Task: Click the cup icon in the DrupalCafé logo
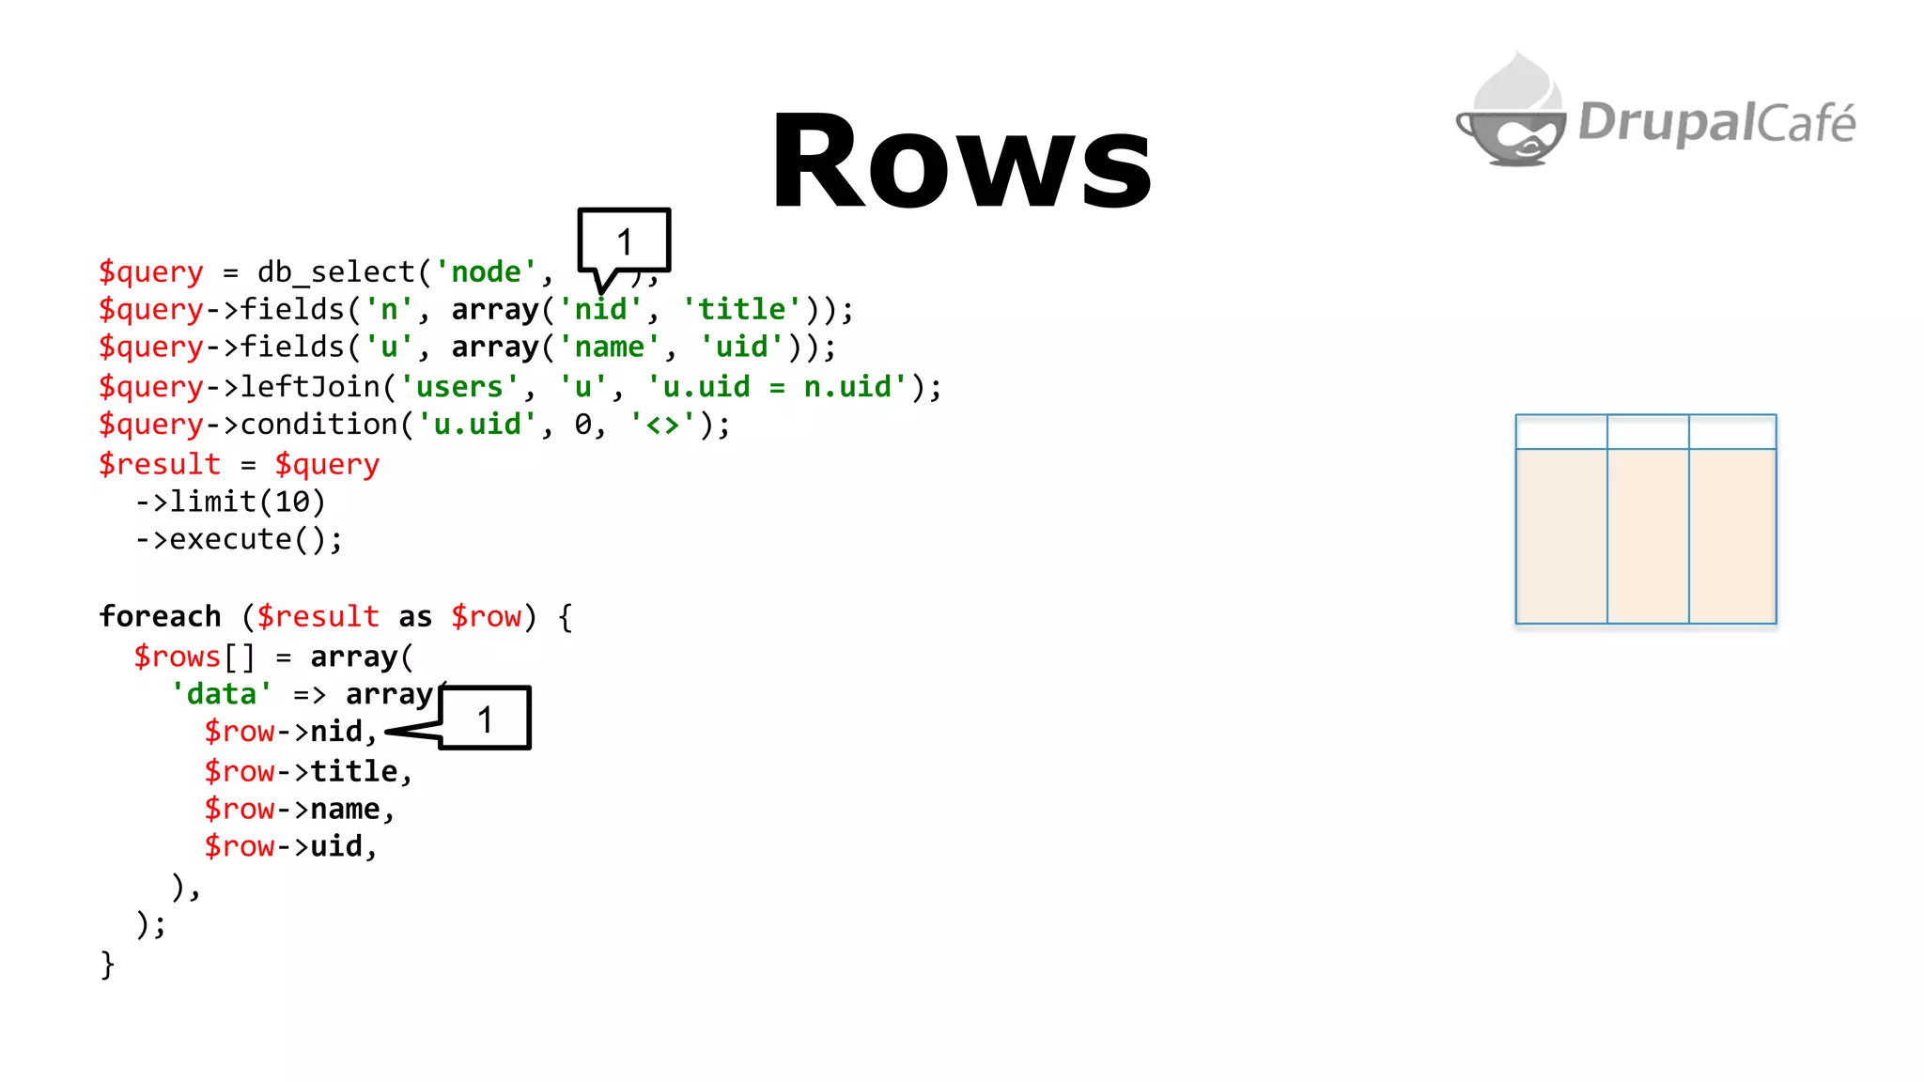pos(1513,117)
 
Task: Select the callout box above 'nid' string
pos(624,240)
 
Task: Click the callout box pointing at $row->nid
pos(485,719)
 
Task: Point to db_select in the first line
pos(335,272)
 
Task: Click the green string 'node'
pos(486,272)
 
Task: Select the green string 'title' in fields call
pos(742,310)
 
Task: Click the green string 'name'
pos(609,348)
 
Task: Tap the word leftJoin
pos(310,387)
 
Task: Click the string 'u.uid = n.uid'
pos(777,387)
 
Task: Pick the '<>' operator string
pos(661,425)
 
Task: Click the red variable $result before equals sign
pos(160,464)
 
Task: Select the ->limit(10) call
pos(230,502)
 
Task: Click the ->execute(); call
pos(239,540)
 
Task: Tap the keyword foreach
pos(160,617)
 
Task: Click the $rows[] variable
pos(194,657)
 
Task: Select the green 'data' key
pos(222,694)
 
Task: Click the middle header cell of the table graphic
pos(1647,432)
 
